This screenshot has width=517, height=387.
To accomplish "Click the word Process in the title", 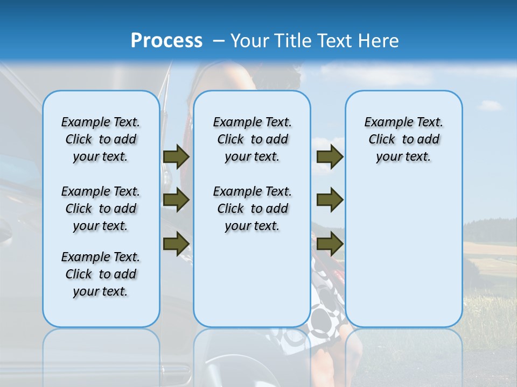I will pos(166,41).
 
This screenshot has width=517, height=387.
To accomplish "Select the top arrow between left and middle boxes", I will pos(176,156).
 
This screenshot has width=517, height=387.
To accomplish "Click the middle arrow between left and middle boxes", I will pos(176,200).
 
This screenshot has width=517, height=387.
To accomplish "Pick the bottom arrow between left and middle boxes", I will pos(176,243).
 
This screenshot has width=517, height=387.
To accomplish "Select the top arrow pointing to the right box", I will pos(330,156).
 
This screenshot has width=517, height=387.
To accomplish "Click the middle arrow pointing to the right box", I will pos(330,200).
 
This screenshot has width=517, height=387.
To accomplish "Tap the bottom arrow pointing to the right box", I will pos(330,243).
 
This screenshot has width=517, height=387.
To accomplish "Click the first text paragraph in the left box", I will pos(100,139).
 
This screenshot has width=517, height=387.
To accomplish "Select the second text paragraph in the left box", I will pos(100,209).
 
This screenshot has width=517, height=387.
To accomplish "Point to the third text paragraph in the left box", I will pos(100,274).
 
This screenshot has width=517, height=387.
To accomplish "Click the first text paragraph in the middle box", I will pos(252,139).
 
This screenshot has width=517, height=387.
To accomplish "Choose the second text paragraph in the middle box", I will pos(252,209).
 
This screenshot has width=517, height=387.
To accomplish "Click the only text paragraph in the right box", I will pos(403,139).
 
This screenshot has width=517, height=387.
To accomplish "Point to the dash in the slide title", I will pos(219,41).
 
